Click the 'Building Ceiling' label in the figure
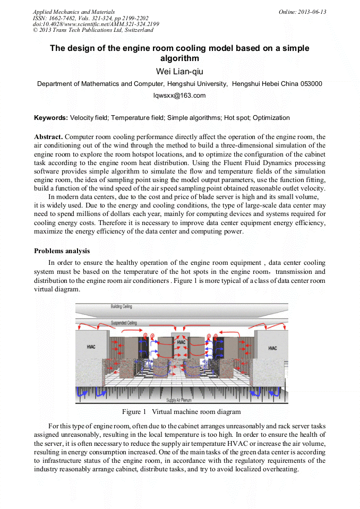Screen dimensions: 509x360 point(121,307)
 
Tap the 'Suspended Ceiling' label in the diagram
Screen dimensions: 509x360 point(123,323)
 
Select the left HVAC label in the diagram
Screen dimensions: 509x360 point(91,347)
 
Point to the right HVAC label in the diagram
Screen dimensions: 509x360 point(272,348)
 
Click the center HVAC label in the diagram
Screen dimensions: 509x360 point(181,342)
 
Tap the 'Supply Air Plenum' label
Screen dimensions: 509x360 point(179,400)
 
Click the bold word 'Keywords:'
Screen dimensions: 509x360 point(51,118)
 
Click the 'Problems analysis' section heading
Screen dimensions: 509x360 point(62,251)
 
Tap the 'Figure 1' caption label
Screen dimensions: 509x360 point(134,412)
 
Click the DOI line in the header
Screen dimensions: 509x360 point(96,24)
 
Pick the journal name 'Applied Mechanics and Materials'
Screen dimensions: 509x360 point(73,12)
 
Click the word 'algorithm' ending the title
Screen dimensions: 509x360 point(179,58)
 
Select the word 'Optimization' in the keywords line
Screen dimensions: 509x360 point(272,118)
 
